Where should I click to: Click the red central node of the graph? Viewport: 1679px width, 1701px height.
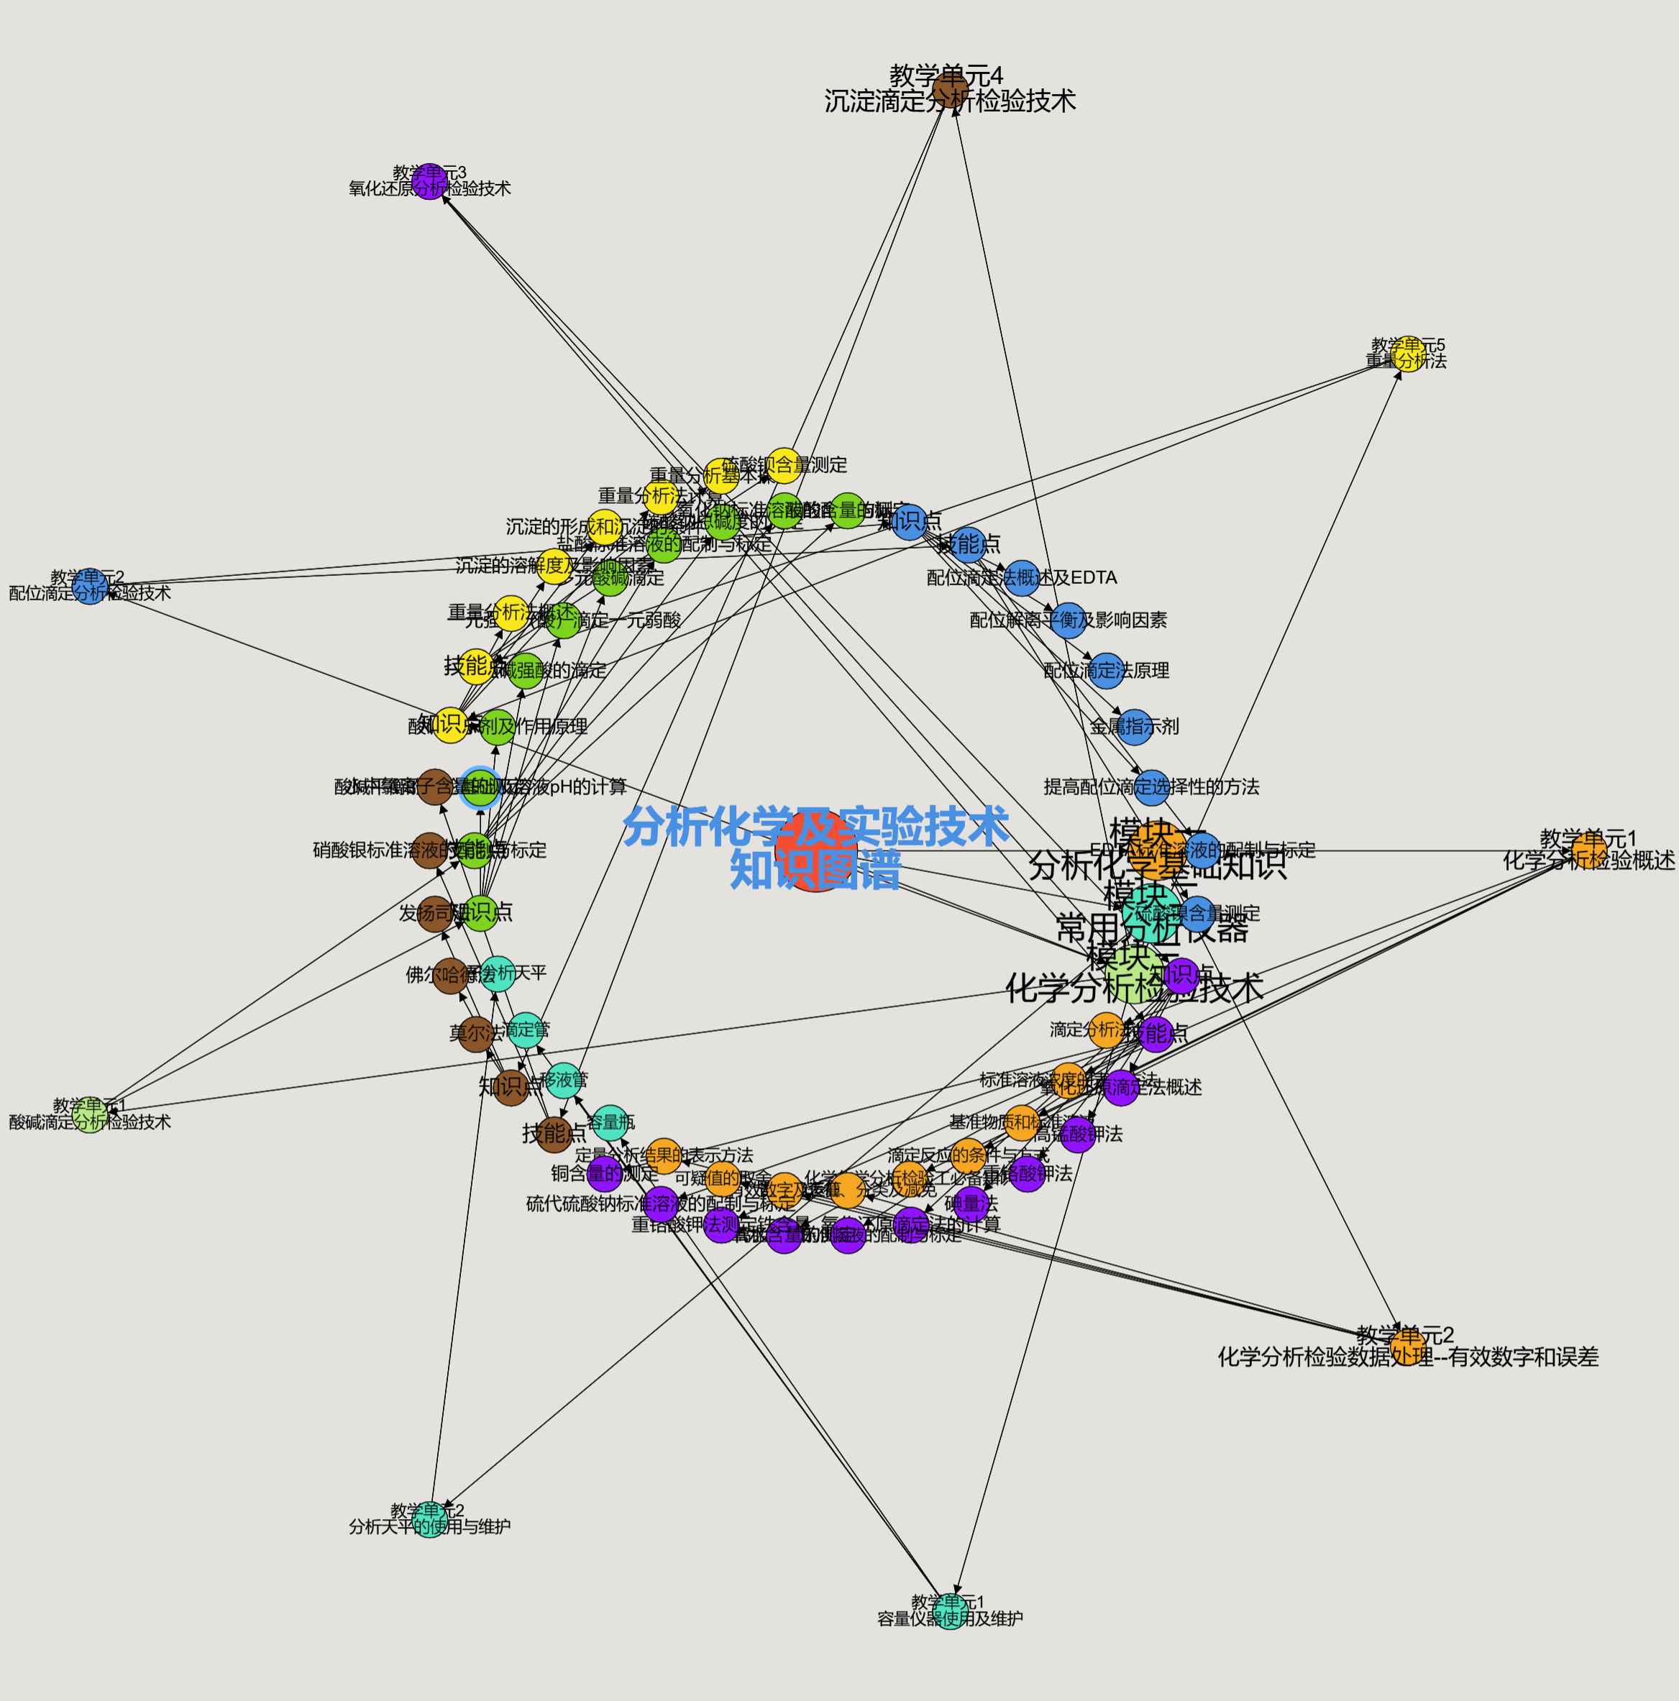pos(815,851)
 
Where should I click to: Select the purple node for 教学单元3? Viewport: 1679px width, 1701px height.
pos(429,181)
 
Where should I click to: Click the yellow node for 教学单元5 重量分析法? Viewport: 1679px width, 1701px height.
pos(1408,354)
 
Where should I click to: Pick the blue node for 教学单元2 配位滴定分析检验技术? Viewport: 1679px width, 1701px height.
pos(90,587)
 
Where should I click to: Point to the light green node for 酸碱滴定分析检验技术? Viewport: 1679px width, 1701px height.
pos(90,1114)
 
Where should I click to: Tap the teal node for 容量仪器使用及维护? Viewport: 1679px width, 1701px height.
pos(949,1611)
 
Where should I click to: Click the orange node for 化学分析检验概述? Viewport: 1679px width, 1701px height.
pos(1588,851)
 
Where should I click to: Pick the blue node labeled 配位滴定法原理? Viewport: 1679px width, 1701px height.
pos(1106,671)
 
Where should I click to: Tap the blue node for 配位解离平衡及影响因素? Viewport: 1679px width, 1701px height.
pos(1068,620)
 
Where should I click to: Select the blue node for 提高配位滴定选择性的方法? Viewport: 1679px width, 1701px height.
pos(1152,787)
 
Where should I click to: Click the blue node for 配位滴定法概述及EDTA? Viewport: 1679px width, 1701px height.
pos(1021,577)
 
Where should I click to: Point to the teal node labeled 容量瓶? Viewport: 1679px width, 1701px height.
pos(610,1122)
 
